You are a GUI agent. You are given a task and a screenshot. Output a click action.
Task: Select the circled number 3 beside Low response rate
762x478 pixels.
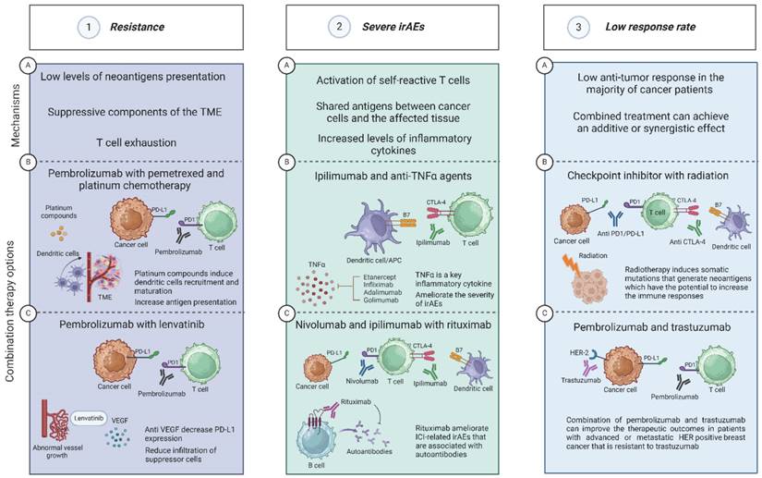581,29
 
